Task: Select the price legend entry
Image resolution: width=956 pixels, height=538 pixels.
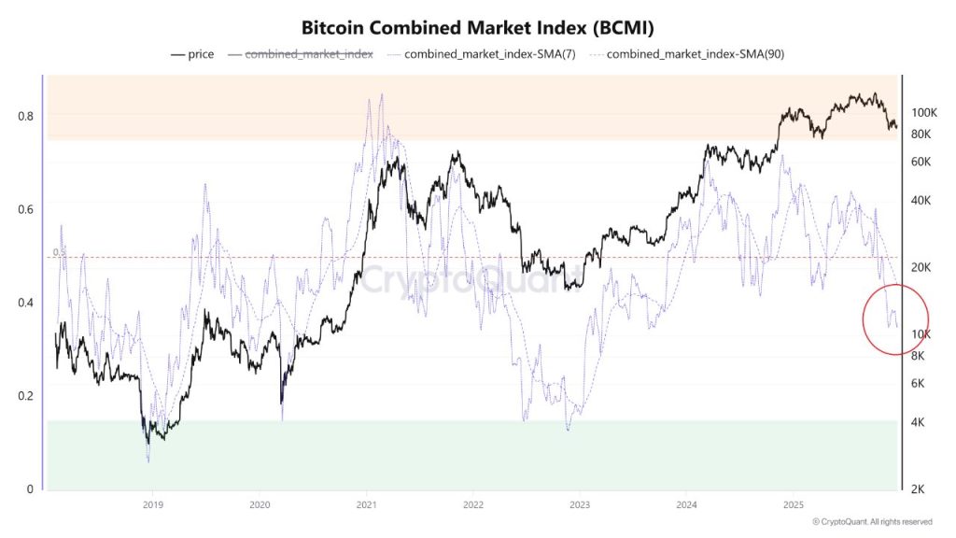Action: (192, 54)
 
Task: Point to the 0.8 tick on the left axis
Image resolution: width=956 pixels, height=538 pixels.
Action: (27, 116)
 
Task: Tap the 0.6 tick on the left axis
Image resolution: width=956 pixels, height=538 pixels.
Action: (27, 209)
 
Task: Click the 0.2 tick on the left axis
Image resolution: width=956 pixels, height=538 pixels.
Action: (27, 396)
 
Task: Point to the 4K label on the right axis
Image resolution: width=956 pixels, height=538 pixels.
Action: (918, 422)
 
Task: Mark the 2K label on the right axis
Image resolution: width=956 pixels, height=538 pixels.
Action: (918, 489)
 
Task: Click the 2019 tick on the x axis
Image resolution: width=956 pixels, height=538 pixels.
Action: (153, 505)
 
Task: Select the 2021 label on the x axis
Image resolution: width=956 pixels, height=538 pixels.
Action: (366, 505)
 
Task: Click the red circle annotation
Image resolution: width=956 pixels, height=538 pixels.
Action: (894, 319)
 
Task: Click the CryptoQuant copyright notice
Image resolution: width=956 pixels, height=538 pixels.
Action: (872, 522)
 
